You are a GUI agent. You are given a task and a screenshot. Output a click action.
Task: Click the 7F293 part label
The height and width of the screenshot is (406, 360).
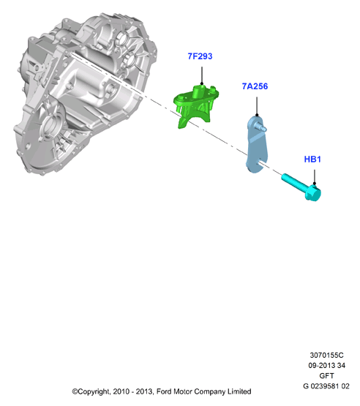point(200,56)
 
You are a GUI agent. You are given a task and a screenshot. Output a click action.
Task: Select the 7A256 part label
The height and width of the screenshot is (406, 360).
point(255,86)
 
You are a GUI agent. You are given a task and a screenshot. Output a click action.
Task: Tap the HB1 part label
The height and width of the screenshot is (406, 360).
point(312,159)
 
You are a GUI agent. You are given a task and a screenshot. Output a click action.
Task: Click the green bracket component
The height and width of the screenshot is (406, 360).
point(196,105)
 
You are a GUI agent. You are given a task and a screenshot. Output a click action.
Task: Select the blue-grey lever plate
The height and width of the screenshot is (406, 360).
point(256,145)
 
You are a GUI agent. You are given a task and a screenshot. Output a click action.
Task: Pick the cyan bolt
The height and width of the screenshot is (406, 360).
point(301,187)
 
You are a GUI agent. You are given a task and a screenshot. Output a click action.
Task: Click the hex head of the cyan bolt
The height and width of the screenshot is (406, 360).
point(313,193)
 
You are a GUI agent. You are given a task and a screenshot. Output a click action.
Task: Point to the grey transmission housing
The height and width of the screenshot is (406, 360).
point(83,92)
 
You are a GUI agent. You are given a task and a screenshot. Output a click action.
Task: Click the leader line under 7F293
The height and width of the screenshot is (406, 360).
point(202,75)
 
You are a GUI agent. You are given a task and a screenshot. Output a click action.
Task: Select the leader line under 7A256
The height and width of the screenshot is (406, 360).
point(257,106)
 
